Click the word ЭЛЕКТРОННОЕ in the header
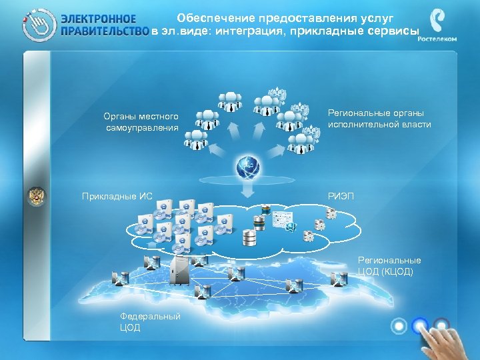click(99, 19)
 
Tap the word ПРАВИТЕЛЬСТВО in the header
click(104, 31)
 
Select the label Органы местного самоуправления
click(141, 122)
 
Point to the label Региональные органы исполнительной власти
click(379, 119)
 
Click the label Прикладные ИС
click(117, 196)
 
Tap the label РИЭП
click(341, 196)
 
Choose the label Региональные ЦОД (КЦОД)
click(389, 265)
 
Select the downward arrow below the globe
click(247, 193)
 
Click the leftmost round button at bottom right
click(399, 326)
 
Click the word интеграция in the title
click(252, 31)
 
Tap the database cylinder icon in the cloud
click(250, 236)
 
